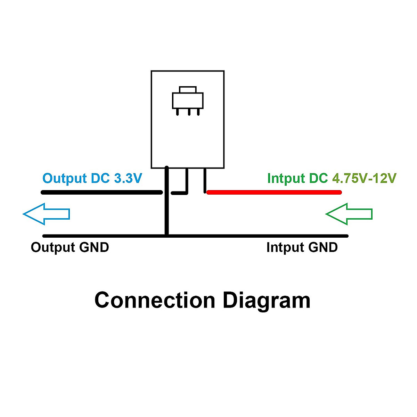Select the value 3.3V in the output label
click(x=128, y=178)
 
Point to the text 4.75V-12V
click(x=364, y=178)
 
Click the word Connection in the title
click(x=155, y=300)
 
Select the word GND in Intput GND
click(x=323, y=247)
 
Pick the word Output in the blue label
click(x=65, y=178)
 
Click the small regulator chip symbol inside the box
click(x=188, y=100)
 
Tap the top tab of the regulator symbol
click(x=188, y=89)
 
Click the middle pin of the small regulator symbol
click(x=188, y=112)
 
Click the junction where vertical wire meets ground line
click(x=167, y=236)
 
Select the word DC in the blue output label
click(x=100, y=178)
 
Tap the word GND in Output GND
click(x=94, y=247)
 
